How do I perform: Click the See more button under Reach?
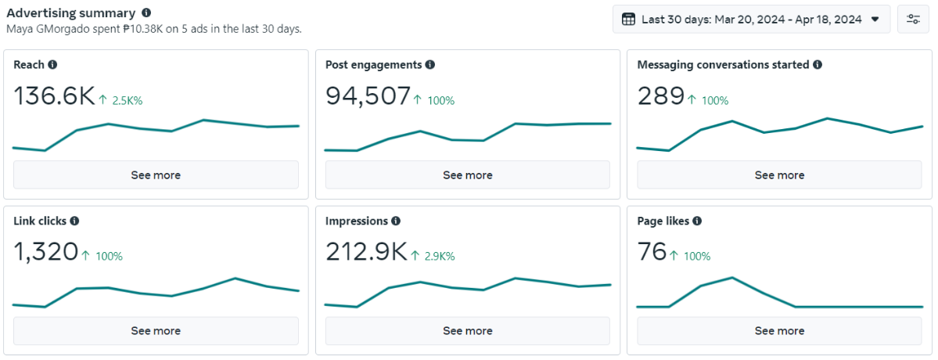pos(156,175)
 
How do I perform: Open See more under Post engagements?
pos(467,175)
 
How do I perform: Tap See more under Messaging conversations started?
pos(779,175)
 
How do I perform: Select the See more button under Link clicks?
pos(156,331)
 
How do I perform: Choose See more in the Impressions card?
pos(467,331)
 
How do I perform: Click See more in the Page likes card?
pos(779,331)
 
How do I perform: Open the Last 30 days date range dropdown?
pos(751,19)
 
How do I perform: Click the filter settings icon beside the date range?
pos(913,19)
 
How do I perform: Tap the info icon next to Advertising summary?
pos(146,13)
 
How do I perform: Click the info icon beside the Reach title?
pos(52,65)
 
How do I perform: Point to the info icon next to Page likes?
pos(697,221)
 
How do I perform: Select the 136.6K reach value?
pos(54,95)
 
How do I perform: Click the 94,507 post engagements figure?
pos(368,95)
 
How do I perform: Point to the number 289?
pos(660,95)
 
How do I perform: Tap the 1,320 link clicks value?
pos(45,252)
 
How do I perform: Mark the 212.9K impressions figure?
pos(366,252)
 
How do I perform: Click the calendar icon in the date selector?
pos(628,19)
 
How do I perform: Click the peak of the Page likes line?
pos(731,278)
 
